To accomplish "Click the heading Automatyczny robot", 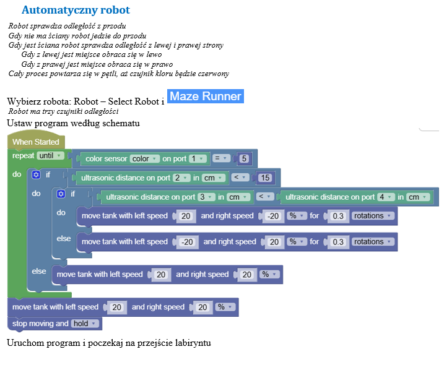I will pyautogui.click(x=76, y=11).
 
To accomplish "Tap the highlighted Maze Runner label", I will pyautogui.click(x=205, y=97).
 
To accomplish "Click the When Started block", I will pyautogui.click(x=36, y=142).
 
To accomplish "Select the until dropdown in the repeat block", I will pyautogui.click(x=51, y=156).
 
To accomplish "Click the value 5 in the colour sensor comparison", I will pyautogui.click(x=244, y=159).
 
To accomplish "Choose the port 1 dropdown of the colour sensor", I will pyautogui.click(x=198, y=159).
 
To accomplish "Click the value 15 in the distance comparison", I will pyautogui.click(x=265, y=178).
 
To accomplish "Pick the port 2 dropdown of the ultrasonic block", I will pyautogui.click(x=181, y=178).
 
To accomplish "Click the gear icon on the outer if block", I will pyautogui.click(x=37, y=175).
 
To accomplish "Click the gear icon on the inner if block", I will pyautogui.click(x=61, y=194).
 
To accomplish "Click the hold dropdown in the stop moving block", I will pyautogui.click(x=85, y=324).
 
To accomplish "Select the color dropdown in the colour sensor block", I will pyautogui.click(x=146, y=159).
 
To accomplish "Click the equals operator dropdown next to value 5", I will pyautogui.click(x=221, y=159).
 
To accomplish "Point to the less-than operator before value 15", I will pyautogui.click(x=239, y=178).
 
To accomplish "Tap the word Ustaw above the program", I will pyautogui.click(x=18, y=123).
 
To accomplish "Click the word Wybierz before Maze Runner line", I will pyautogui.click(x=24, y=101).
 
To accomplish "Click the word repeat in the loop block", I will pyautogui.click(x=23, y=156).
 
